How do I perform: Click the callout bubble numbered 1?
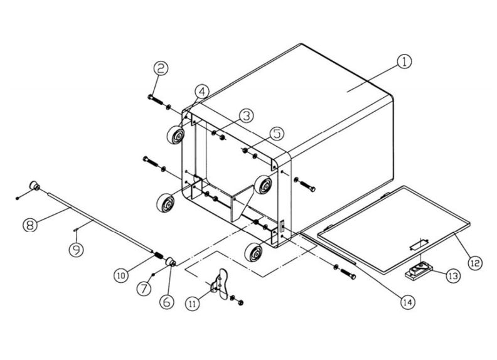click(x=404, y=61)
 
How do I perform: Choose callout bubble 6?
click(x=167, y=301)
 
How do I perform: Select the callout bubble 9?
click(x=75, y=250)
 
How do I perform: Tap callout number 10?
click(x=122, y=274)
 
